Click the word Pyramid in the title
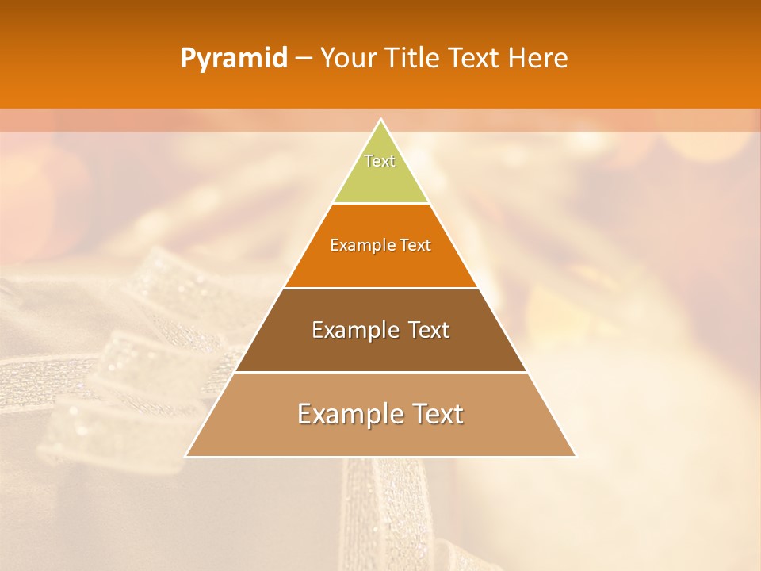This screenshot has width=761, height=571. coord(233,59)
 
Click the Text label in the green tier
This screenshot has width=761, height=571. coord(380,161)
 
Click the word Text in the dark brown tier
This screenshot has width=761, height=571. coord(429,330)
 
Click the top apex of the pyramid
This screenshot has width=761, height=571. coord(380,120)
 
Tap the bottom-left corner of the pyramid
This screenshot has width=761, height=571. coord(186,456)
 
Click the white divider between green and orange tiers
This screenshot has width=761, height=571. coord(380,203)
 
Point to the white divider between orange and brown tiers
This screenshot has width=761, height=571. coord(380,288)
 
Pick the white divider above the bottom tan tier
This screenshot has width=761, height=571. coord(380,372)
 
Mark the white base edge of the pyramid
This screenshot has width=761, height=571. coord(380,457)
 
